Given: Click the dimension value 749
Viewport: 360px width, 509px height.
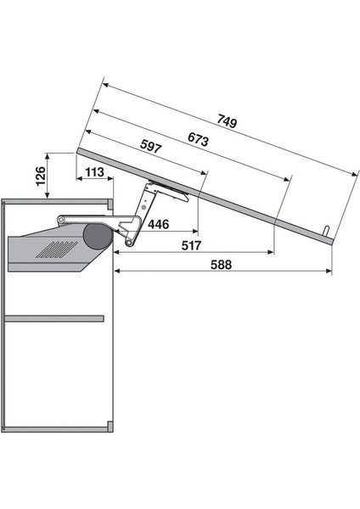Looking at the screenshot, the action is pyautogui.click(x=227, y=121).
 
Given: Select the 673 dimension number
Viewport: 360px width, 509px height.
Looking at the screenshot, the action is pyautogui.click(x=198, y=140).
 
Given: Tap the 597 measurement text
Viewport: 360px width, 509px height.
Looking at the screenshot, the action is pyautogui.click(x=151, y=146).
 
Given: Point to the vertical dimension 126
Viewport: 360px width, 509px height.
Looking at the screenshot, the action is pyautogui.click(x=40, y=176).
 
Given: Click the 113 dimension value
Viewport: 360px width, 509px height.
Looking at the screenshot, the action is pyautogui.click(x=94, y=172).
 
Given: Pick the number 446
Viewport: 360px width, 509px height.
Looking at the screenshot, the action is pyautogui.click(x=159, y=224).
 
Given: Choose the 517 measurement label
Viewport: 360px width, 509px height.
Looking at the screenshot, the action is pyautogui.click(x=191, y=245).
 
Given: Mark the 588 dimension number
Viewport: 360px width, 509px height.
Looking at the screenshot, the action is pyautogui.click(x=222, y=265).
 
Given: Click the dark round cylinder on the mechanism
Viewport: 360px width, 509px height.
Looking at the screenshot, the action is pyautogui.click(x=98, y=237).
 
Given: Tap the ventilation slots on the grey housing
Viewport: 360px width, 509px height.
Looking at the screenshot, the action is pyautogui.click(x=57, y=249).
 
